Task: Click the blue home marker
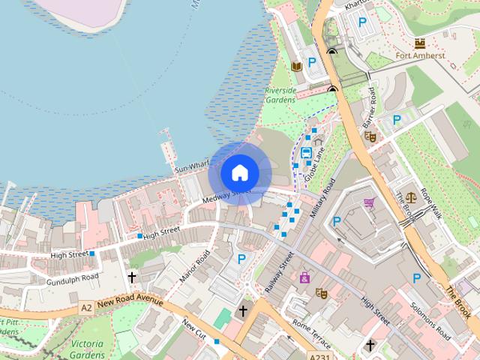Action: [239, 172]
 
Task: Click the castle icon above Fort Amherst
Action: [419, 42]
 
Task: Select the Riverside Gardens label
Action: [280, 95]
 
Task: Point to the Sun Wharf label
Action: [191, 168]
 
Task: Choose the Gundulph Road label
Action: [72, 277]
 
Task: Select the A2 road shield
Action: [86, 307]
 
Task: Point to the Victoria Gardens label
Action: [86, 348]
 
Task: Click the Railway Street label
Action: [277, 271]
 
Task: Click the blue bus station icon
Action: [306, 153]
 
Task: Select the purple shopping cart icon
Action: [370, 202]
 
